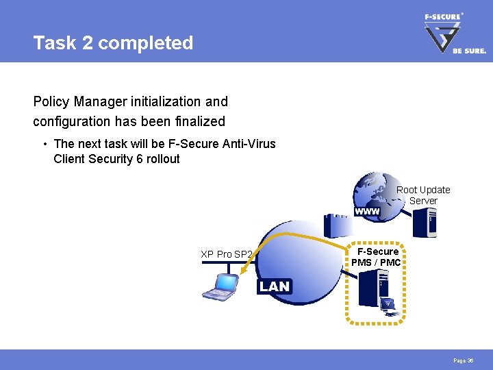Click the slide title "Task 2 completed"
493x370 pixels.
click(x=113, y=43)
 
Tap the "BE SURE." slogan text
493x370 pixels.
click(x=469, y=51)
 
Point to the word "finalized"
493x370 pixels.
click(x=199, y=121)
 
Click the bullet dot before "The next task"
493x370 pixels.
click(x=44, y=144)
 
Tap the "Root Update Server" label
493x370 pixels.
click(x=423, y=195)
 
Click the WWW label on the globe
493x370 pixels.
click(x=367, y=212)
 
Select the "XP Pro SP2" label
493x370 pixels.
click(x=227, y=254)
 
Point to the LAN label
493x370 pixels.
click(x=275, y=286)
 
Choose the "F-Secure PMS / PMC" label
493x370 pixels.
click(x=377, y=257)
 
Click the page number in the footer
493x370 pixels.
click(x=463, y=360)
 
